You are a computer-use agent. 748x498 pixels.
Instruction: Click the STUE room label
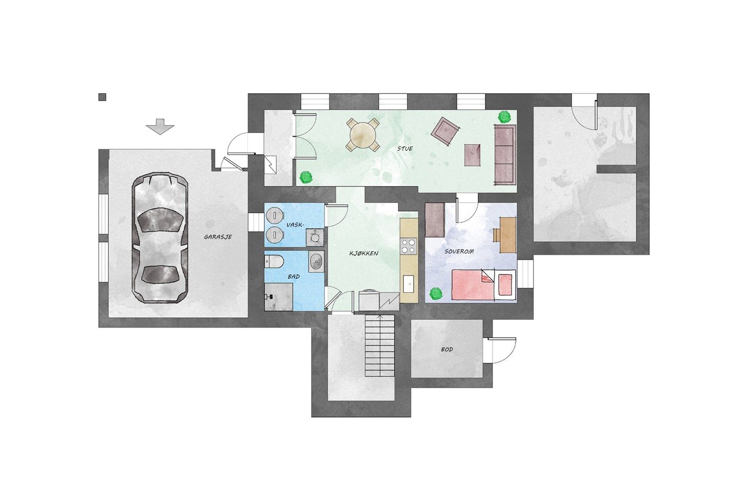coord(405,148)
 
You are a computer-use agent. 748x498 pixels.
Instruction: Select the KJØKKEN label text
coord(364,253)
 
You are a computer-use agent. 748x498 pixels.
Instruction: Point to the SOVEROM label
coord(459,251)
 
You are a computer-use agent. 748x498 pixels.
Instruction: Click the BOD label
coord(447,349)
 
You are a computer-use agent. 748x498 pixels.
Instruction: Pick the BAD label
coord(293,277)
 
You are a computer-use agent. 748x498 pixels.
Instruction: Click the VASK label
coord(295,225)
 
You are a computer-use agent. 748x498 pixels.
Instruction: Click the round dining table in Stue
coord(363,135)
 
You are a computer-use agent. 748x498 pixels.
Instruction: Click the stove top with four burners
coord(409,246)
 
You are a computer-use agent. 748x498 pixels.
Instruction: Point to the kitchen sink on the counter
coord(408,284)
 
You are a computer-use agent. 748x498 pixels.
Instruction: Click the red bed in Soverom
coord(484,285)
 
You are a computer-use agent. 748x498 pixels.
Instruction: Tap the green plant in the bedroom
coord(436,293)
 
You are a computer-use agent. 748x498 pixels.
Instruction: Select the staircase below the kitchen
coord(380,346)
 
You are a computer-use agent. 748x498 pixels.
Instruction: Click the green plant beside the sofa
coord(505,117)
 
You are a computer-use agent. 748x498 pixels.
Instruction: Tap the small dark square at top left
coord(103,97)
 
